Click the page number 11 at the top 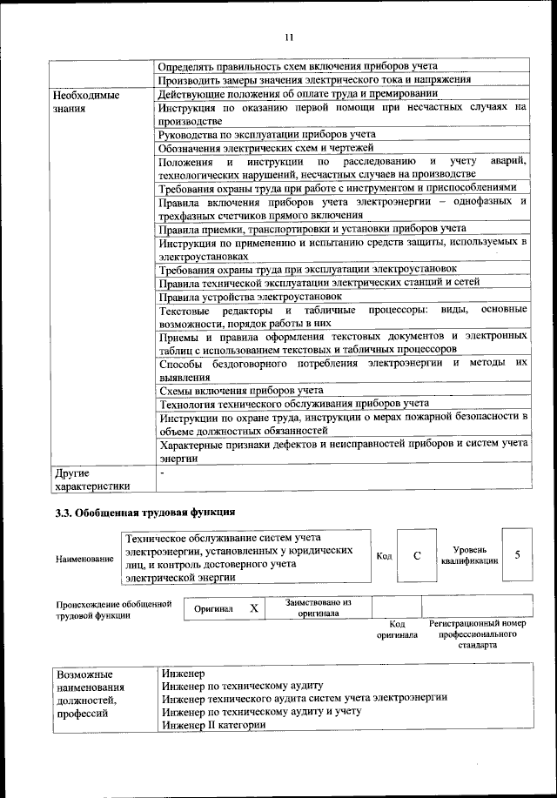[x=289, y=37]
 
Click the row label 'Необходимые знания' [x=86, y=101]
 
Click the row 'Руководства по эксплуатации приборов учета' [x=267, y=135]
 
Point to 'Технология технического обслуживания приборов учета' [x=293, y=404]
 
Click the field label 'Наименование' [x=84, y=558]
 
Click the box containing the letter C [x=418, y=555]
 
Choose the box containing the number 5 [x=518, y=554]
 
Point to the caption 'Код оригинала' [x=397, y=629]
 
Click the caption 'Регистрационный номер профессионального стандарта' [x=478, y=635]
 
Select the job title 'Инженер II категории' [x=213, y=725]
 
